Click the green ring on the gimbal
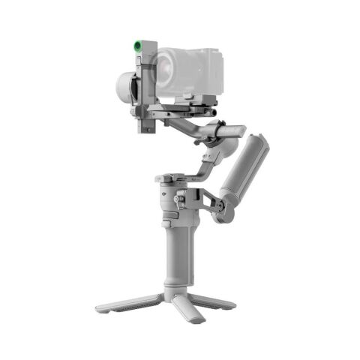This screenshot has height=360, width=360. click(x=139, y=46)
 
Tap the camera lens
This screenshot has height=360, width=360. click(x=166, y=68)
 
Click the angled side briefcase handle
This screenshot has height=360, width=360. click(x=240, y=173)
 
